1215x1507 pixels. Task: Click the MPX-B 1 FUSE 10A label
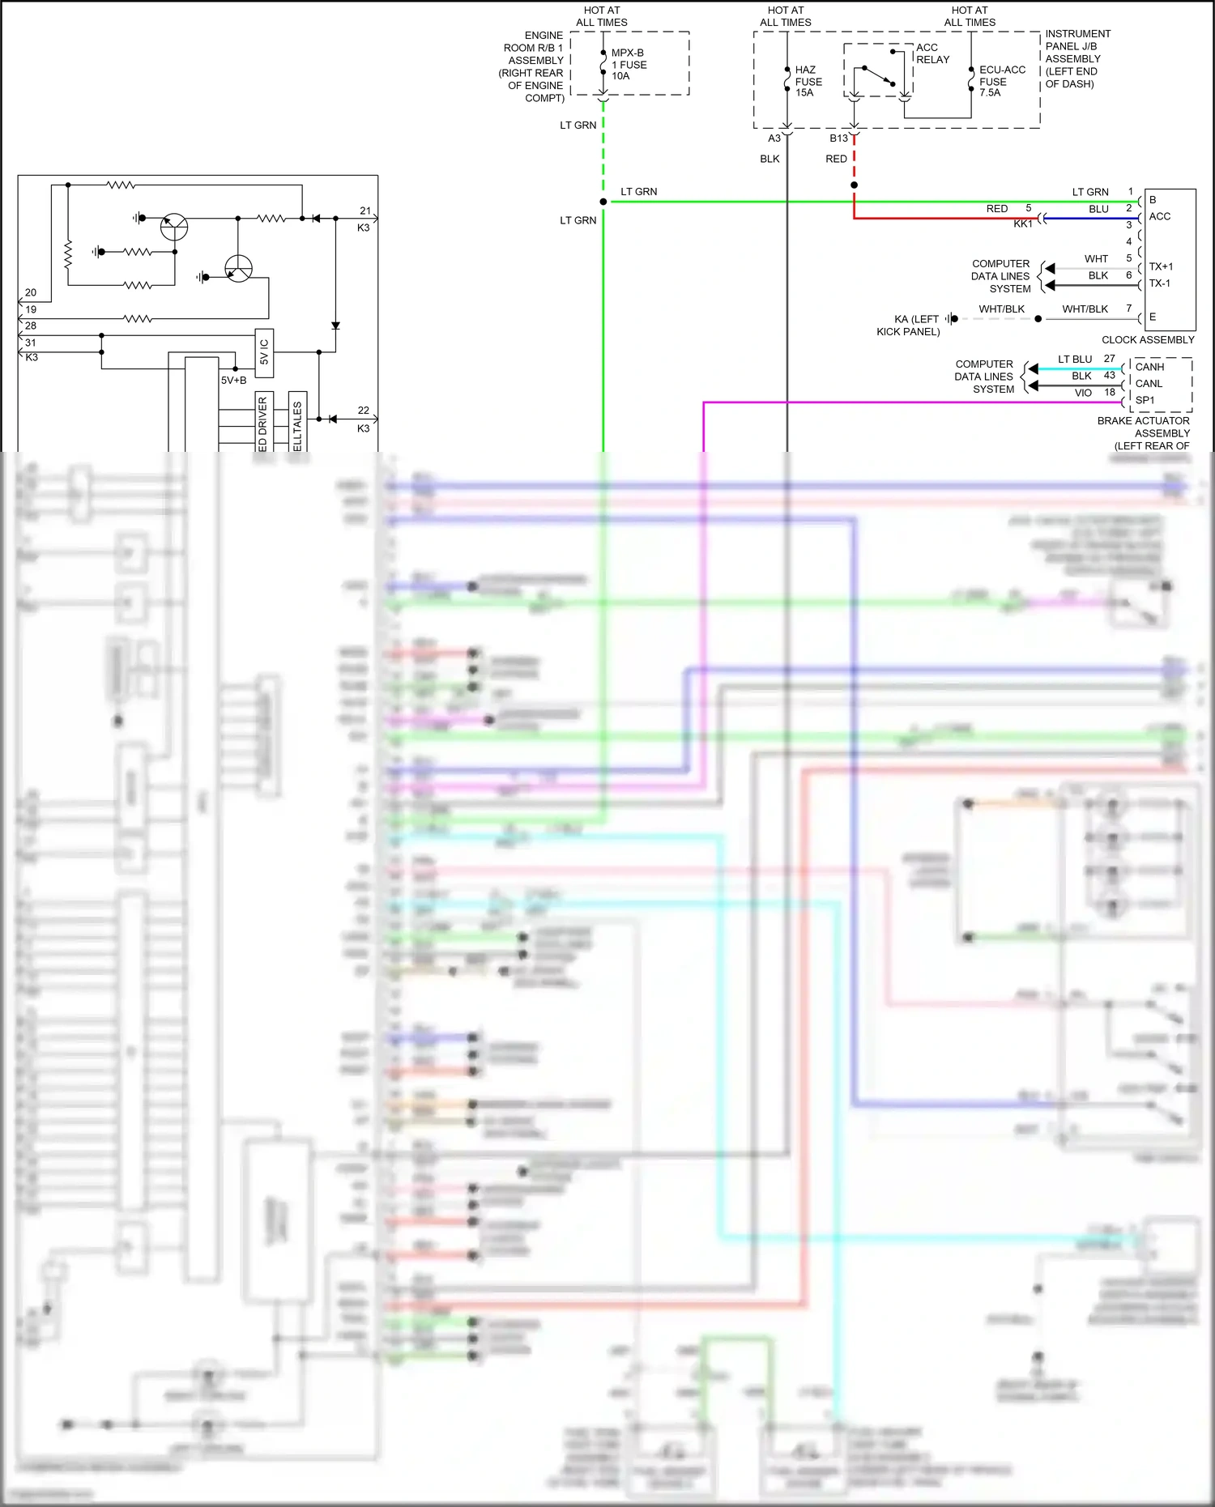[629, 65]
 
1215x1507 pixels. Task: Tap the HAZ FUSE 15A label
[808, 82]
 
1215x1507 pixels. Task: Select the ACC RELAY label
[932, 53]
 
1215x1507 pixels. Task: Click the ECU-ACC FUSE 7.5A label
[1001, 82]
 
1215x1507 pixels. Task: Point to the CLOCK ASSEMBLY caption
[1147, 340]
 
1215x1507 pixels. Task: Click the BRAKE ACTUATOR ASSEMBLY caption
[1144, 427]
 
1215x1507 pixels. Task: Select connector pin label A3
[774, 138]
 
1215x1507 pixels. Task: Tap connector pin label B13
[838, 138]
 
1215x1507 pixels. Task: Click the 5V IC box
[264, 353]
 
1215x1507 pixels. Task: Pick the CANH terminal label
[1149, 367]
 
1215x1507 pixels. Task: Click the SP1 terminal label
[1145, 400]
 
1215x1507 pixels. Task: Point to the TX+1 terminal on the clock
[1160, 266]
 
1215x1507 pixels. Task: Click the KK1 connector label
[1023, 224]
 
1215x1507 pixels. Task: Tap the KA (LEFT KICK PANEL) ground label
[909, 326]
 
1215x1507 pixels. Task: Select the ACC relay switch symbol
[878, 74]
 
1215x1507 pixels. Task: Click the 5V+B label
[234, 381]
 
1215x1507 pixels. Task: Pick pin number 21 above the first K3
[365, 211]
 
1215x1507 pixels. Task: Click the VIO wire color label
[1083, 393]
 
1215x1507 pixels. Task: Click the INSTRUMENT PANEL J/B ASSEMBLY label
[1076, 58]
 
